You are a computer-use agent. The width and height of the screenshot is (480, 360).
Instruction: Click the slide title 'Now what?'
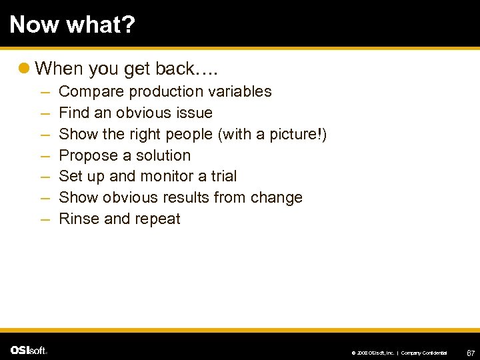[72, 25]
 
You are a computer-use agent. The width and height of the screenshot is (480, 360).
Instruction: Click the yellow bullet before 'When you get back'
[25, 68]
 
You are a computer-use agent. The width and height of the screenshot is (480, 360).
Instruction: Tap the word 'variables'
[241, 92]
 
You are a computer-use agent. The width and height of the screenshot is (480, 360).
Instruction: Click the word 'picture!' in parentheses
[297, 134]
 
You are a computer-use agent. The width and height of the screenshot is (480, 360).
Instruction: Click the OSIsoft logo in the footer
[29, 350]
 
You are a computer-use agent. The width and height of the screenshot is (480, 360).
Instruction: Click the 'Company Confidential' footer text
[423, 352]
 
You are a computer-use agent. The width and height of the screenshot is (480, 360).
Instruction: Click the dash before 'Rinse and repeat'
[43, 219]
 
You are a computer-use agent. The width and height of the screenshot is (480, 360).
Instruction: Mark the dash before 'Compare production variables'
[43, 92]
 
